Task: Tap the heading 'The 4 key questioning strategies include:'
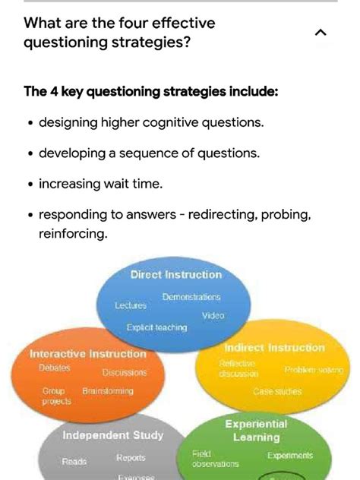pos(151,92)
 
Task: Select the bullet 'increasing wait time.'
pos(100,184)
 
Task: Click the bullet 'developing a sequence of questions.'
pos(149,153)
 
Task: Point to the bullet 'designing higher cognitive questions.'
pos(152,122)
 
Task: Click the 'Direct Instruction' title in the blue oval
pos(176,275)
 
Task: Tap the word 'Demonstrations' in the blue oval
pos(191,297)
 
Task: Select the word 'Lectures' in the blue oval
pos(131,305)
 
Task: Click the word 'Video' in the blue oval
pos(213,315)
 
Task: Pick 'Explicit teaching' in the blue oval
pos(156,327)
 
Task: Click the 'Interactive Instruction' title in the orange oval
pos(88,354)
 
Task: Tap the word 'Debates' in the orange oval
pos(55,368)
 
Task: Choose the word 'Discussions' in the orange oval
pos(125,373)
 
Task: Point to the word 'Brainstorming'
pos(107,391)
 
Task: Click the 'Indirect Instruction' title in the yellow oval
pos(274,348)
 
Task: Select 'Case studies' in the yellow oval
pos(277,392)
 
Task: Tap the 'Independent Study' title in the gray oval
pos(112,435)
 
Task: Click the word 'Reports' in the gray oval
pos(131,458)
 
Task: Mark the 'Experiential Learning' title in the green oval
pos(256,431)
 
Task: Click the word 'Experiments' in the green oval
pos(289,456)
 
